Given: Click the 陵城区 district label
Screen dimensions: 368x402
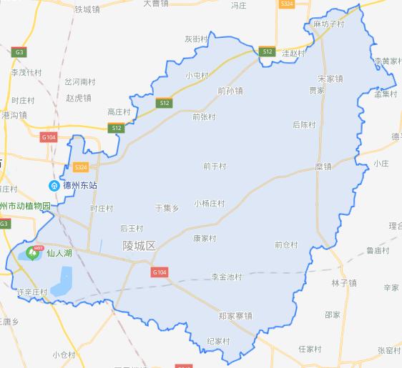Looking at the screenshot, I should (139, 245).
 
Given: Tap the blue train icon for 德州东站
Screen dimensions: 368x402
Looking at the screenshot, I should (53, 186).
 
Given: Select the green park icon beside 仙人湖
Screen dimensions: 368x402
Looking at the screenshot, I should (31, 252).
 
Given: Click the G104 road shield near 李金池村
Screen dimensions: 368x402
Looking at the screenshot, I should (159, 272).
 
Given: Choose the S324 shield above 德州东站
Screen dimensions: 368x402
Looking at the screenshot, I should (81, 167).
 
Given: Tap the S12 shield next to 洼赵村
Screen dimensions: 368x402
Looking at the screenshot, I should (268, 52).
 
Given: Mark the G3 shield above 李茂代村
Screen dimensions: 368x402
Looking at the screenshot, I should (18, 52).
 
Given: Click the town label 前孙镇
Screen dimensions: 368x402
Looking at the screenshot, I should (230, 91).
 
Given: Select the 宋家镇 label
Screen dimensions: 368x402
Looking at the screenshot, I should (330, 79).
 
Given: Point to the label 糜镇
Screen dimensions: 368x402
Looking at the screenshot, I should (323, 166).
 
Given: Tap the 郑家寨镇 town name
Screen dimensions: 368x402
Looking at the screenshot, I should (235, 316).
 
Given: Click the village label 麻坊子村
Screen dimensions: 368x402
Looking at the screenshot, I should (329, 24).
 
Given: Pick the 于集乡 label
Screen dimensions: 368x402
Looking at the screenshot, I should (166, 208).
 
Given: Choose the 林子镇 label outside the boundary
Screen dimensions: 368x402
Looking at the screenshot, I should (343, 283).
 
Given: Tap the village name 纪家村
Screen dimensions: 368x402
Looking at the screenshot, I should (217, 342).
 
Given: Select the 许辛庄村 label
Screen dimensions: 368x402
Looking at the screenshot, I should (31, 292).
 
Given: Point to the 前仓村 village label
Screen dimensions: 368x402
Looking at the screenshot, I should (285, 244).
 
